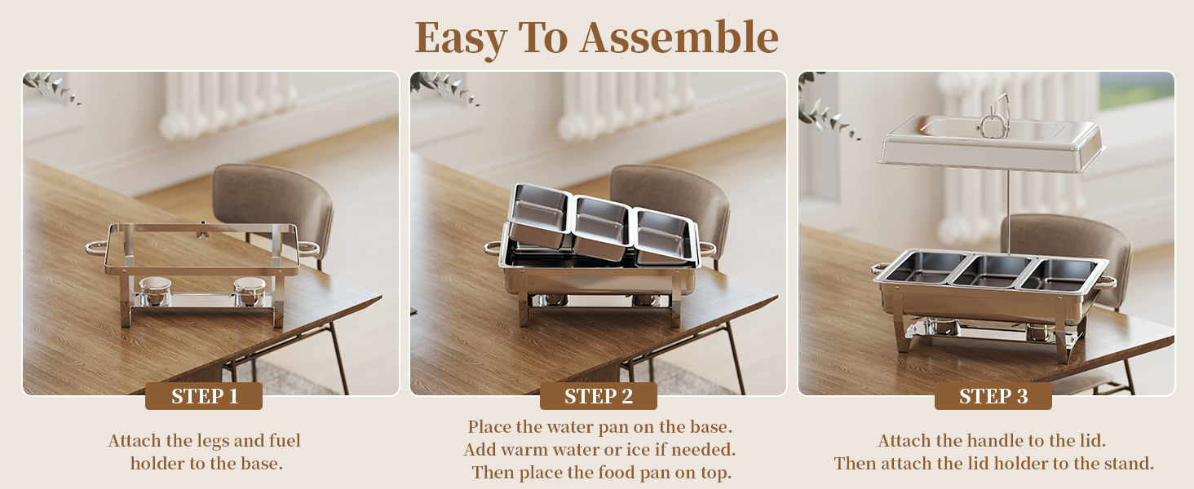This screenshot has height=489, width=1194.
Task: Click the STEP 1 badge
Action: pyautogui.click(x=204, y=397)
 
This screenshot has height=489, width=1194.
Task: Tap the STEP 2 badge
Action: pyautogui.click(x=598, y=397)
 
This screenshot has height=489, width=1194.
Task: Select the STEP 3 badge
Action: pyautogui.click(x=993, y=397)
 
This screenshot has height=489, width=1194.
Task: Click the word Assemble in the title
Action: pyautogui.click(x=679, y=37)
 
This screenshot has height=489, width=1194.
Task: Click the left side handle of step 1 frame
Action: pyautogui.click(x=96, y=246)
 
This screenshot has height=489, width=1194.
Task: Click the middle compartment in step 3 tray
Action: pyautogui.click(x=989, y=269)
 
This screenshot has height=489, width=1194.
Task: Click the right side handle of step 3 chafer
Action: pyautogui.click(x=1104, y=282)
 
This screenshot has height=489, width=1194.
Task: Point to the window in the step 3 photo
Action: pyautogui.click(x=1135, y=90)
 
